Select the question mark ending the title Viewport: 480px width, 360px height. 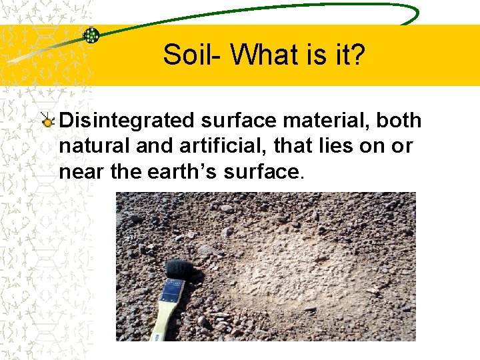[x=358, y=55]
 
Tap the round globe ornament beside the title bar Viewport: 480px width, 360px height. [x=91, y=35]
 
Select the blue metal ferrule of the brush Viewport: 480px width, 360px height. [x=171, y=293]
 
